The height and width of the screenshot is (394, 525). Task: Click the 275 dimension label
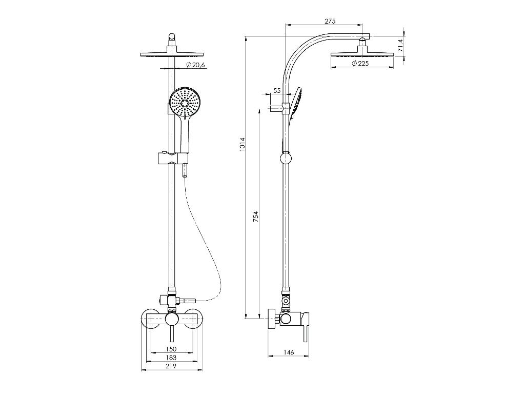[330, 22]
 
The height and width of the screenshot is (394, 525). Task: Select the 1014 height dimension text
[243, 144]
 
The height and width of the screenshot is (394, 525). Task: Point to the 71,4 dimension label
[399, 45]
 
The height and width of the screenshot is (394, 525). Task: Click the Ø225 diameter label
[360, 63]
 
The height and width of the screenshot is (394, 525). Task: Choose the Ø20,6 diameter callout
[195, 65]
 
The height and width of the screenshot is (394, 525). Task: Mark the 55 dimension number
[277, 90]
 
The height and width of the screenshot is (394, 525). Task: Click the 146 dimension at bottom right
[288, 352]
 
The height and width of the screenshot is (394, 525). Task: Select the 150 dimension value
[171, 349]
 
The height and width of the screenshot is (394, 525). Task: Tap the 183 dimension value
[171, 357]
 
